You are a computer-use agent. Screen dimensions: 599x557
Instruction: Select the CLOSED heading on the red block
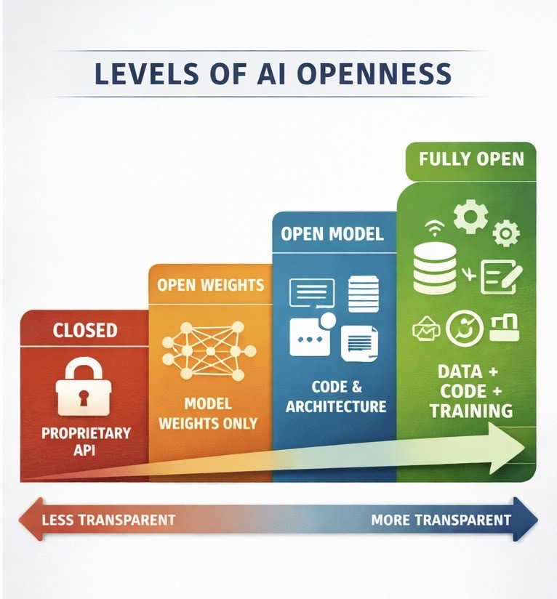coord(84,330)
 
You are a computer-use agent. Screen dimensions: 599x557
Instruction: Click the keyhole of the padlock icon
coord(84,397)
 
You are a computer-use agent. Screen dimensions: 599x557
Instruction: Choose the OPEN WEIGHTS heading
coord(210,284)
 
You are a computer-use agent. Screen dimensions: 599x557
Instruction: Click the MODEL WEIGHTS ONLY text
coord(209,413)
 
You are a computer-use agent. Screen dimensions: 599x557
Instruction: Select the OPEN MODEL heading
coord(333,234)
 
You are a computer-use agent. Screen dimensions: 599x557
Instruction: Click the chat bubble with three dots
coord(310,337)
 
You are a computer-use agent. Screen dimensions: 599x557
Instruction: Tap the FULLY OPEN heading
coord(471,159)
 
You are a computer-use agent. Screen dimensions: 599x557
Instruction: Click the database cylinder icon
coord(434,268)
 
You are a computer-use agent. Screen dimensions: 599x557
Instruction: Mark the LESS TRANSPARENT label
coord(108,520)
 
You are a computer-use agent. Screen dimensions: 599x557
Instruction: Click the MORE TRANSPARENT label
coord(441,520)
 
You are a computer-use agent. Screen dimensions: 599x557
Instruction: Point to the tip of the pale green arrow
coord(526,444)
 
